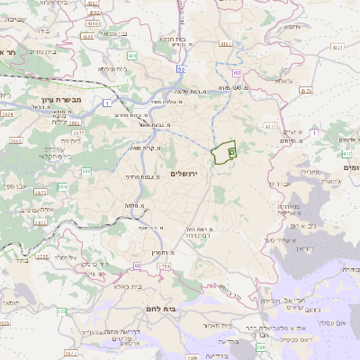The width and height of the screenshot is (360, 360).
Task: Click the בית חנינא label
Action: (x=173, y=40)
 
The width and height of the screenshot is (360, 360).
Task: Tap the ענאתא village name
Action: (x=283, y=81)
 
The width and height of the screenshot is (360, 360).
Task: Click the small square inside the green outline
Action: (x=231, y=153)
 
